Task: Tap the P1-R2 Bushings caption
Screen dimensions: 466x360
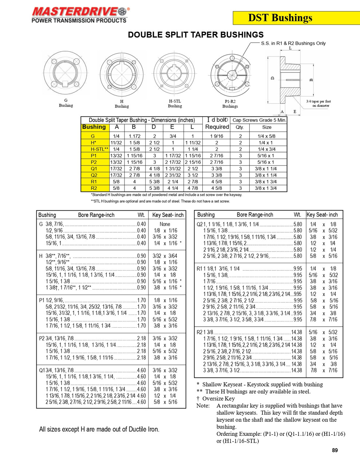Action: coord(230,104)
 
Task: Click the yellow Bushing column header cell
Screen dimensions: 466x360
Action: coord(95,127)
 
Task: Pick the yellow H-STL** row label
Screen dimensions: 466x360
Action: coord(95,149)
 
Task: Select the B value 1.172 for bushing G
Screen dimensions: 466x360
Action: coord(134,136)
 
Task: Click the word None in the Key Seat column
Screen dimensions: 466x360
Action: coord(165,224)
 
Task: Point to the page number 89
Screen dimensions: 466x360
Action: coord(335,450)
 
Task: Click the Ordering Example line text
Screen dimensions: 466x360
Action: coord(280,434)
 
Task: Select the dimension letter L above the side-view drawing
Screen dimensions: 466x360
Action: coord(290,48)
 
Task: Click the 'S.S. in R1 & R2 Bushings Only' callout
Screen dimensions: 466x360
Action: coord(293,43)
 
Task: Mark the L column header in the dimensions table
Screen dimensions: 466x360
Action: coord(192,127)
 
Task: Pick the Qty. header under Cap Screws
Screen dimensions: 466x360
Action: coord(240,127)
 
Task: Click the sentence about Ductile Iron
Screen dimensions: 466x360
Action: coord(99,429)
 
